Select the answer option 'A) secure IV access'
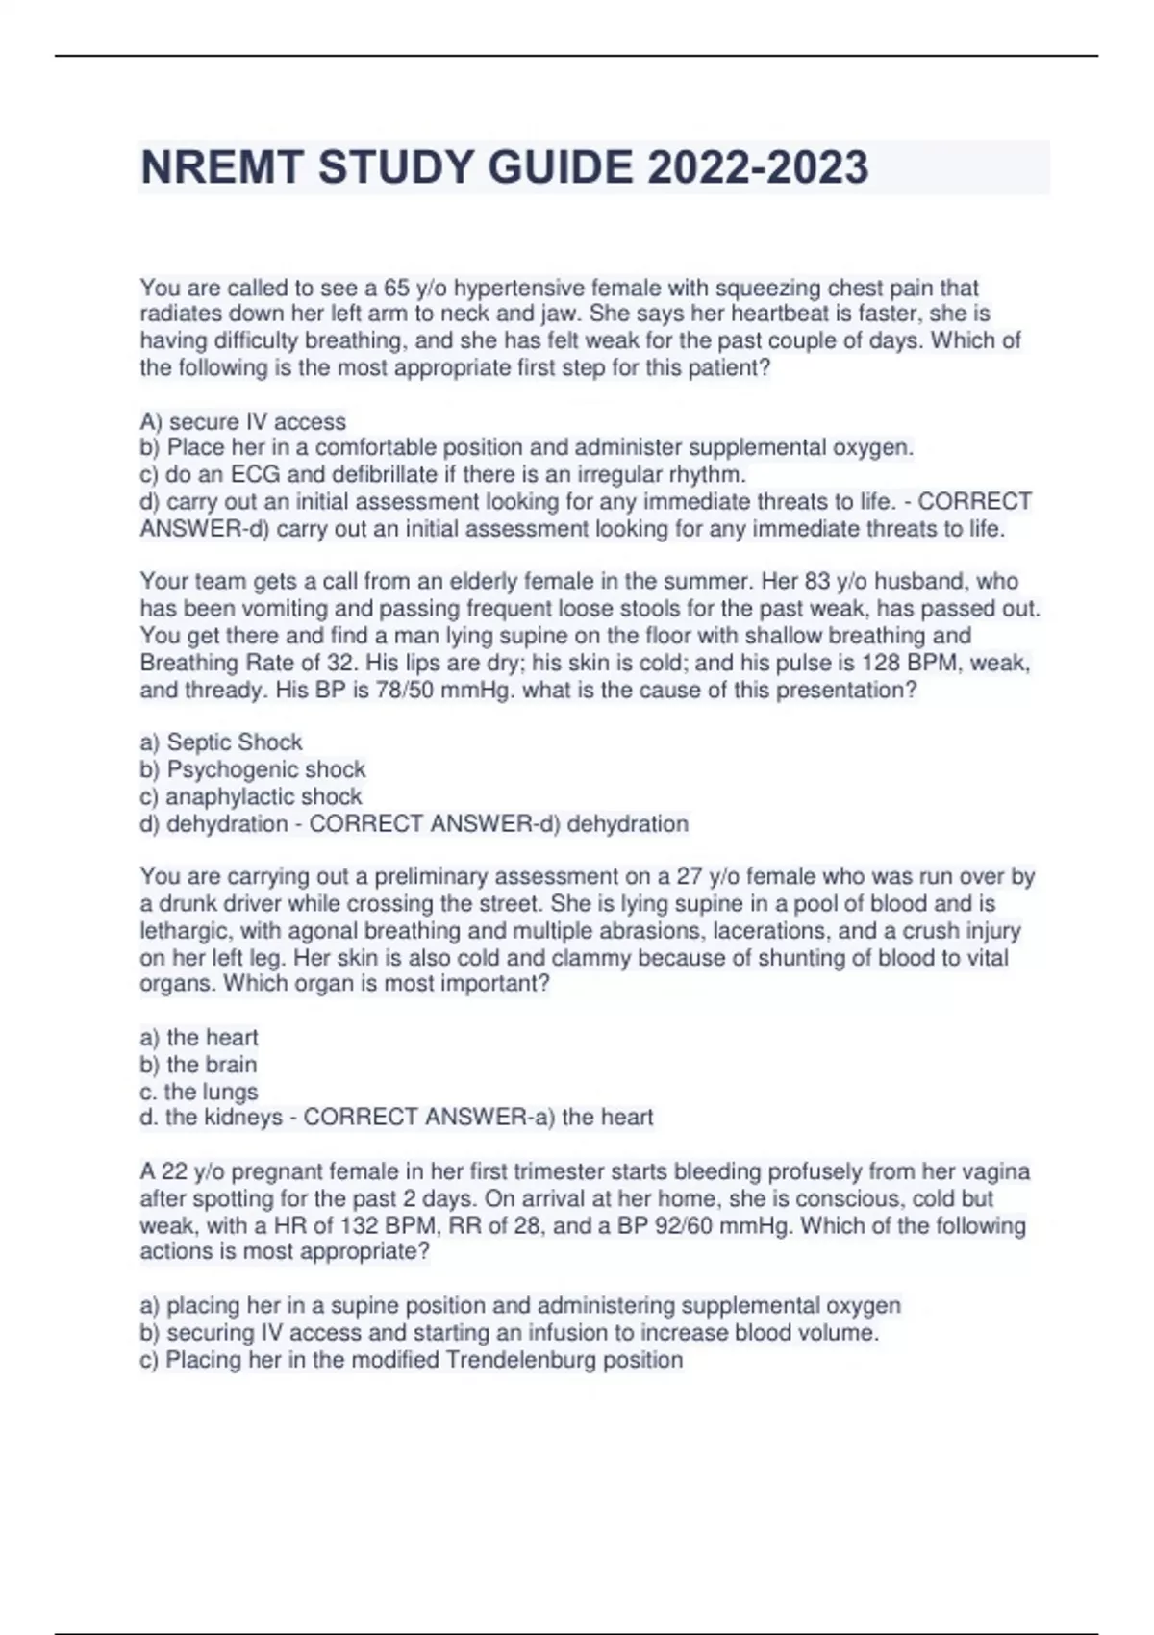[x=243, y=421]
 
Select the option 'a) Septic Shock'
[x=221, y=742]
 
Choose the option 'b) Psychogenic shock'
[x=253, y=769]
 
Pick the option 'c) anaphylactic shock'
[x=251, y=796]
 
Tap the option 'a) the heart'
[x=199, y=1038]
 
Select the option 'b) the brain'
[x=198, y=1065]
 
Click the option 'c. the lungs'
[x=199, y=1092]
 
